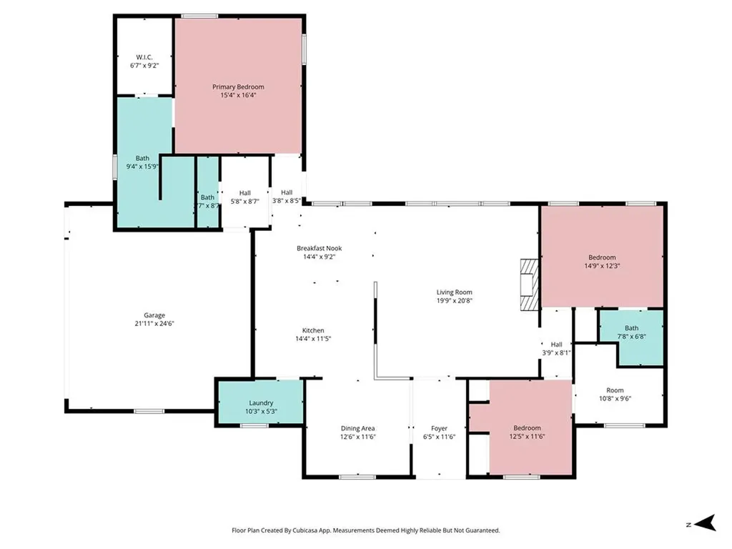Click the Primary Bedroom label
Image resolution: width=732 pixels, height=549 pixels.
tap(238, 86)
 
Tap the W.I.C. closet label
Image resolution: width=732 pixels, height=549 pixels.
tap(144, 57)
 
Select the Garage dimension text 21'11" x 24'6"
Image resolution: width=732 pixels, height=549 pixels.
tap(154, 324)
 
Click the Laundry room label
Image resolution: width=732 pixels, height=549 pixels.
tap(261, 403)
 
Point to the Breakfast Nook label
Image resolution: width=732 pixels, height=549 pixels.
tap(320, 248)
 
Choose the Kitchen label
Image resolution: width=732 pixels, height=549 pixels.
tap(313, 330)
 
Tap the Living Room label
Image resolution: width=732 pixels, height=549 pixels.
tap(454, 292)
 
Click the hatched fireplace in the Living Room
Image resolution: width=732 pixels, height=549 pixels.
tap(530, 285)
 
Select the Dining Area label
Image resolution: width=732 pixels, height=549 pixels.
tap(357, 429)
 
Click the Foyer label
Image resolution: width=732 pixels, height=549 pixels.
tap(439, 429)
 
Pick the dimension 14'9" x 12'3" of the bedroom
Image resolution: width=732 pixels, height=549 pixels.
tap(602, 266)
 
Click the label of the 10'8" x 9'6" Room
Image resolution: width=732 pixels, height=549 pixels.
tap(615, 390)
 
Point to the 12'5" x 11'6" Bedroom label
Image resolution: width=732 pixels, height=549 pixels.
tap(527, 428)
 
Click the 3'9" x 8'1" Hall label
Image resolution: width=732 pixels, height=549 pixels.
tap(556, 345)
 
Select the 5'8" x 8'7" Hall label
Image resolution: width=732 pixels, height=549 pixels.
tap(244, 193)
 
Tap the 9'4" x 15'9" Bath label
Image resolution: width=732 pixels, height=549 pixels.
tap(142, 158)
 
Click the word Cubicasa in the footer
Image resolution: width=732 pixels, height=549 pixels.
tap(307, 530)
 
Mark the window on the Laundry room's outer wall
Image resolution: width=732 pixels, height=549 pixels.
tap(254, 425)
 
